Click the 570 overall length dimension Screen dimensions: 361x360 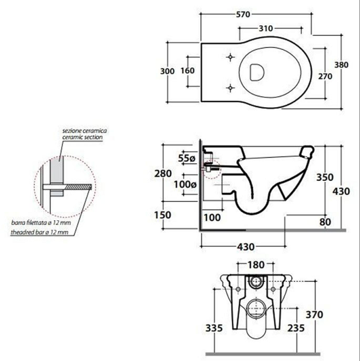pyautogui.click(x=256, y=14)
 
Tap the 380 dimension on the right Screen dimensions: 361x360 pyautogui.click(x=342, y=65)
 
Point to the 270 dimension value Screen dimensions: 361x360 pyautogui.click(x=325, y=76)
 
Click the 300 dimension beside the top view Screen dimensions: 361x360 pyautogui.click(x=167, y=71)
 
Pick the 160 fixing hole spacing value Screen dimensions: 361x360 pyautogui.click(x=188, y=71)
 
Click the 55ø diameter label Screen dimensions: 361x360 pyautogui.click(x=186, y=158)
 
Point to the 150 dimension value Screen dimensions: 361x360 pyautogui.click(x=163, y=214)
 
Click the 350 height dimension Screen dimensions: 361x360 pyautogui.click(x=325, y=178)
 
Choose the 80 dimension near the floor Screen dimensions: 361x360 pyautogui.click(x=325, y=221)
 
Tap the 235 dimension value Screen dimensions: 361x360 pyautogui.click(x=296, y=327)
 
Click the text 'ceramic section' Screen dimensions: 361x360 pyautogui.click(x=82, y=137)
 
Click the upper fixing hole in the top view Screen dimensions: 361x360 pyautogui.click(x=230, y=56)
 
